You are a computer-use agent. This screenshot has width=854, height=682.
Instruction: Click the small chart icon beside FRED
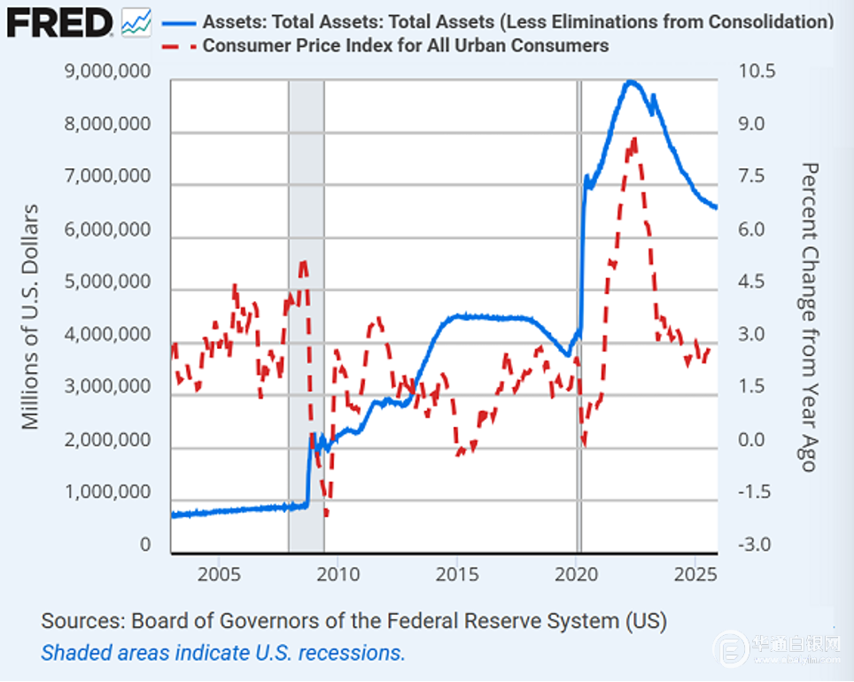pyautogui.click(x=136, y=21)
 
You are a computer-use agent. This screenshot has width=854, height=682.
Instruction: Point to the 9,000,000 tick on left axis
pyautogui.click(x=108, y=73)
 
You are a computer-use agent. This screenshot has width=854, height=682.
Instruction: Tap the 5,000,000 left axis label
pyautogui.click(x=108, y=283)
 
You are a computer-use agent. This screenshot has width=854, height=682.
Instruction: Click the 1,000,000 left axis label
pyautogui.click(x=108, y=492)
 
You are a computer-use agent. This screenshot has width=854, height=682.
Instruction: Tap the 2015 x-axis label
pyautogui.click(x=456, y=573)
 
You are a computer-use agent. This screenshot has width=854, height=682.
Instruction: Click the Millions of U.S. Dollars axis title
pyautogui.click(x=32, y=316)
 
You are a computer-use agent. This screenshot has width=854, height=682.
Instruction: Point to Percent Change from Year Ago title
pyautogui.click(x=808, y=316)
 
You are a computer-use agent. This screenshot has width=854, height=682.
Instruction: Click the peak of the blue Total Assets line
pyautogui.click(x=630, y=81)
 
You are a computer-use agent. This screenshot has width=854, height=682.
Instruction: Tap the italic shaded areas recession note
pyautogui.click(x=222, y=653)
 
